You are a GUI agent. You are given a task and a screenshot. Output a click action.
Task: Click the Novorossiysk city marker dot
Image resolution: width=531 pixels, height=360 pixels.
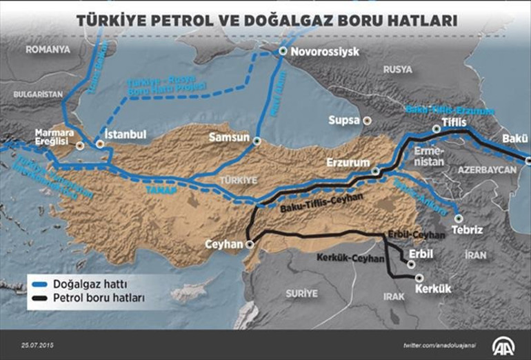point(283,52)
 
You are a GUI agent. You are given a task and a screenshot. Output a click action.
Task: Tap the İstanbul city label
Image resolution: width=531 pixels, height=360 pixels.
point(125,134)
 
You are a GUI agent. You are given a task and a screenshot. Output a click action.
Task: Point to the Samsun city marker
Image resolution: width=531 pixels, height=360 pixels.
point(257,141)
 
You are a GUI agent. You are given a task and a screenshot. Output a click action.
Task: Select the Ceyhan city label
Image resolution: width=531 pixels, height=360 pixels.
point(225,245)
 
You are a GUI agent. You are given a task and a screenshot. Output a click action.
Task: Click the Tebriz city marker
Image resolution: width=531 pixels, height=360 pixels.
point(458,218)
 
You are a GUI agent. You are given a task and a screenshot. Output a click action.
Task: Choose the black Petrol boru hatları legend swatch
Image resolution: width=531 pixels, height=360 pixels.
point(39,298)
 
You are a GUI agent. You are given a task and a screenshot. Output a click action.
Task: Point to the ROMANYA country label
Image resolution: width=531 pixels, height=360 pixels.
point(48,49)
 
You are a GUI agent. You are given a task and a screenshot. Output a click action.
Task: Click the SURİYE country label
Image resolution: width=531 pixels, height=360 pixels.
point(302,293)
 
